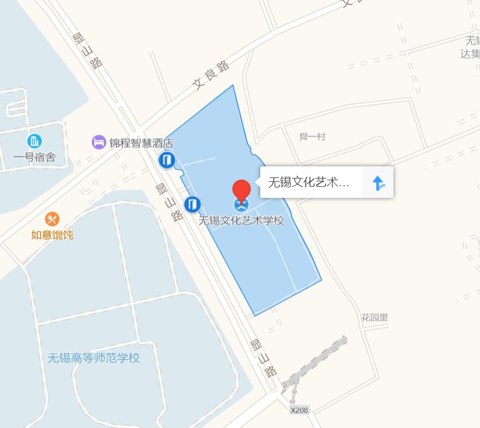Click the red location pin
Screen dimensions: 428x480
point(241,190)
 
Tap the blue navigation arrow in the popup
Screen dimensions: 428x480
point(378,183)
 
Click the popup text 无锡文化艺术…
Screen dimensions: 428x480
point(309,183)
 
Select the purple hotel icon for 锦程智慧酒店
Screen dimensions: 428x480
point(99,142)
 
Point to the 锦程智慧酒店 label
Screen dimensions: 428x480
point(141,143)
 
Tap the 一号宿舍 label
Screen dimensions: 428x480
point(34,157)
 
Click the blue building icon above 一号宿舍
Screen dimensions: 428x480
point(34,141)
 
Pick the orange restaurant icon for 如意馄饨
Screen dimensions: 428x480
point(52,219)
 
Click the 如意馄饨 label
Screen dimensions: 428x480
point(52,235)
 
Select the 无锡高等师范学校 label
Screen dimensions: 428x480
point(94,358)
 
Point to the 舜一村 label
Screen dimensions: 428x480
point(312,137)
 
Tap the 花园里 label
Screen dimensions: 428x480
point(375,318)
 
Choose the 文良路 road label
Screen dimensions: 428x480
point(211,75)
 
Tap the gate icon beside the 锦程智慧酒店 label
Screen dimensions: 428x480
point(166,161)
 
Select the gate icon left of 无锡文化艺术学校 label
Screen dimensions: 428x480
point(192,205)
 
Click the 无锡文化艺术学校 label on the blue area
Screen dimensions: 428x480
point(241,220)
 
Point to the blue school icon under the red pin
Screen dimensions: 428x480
point(241,205)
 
